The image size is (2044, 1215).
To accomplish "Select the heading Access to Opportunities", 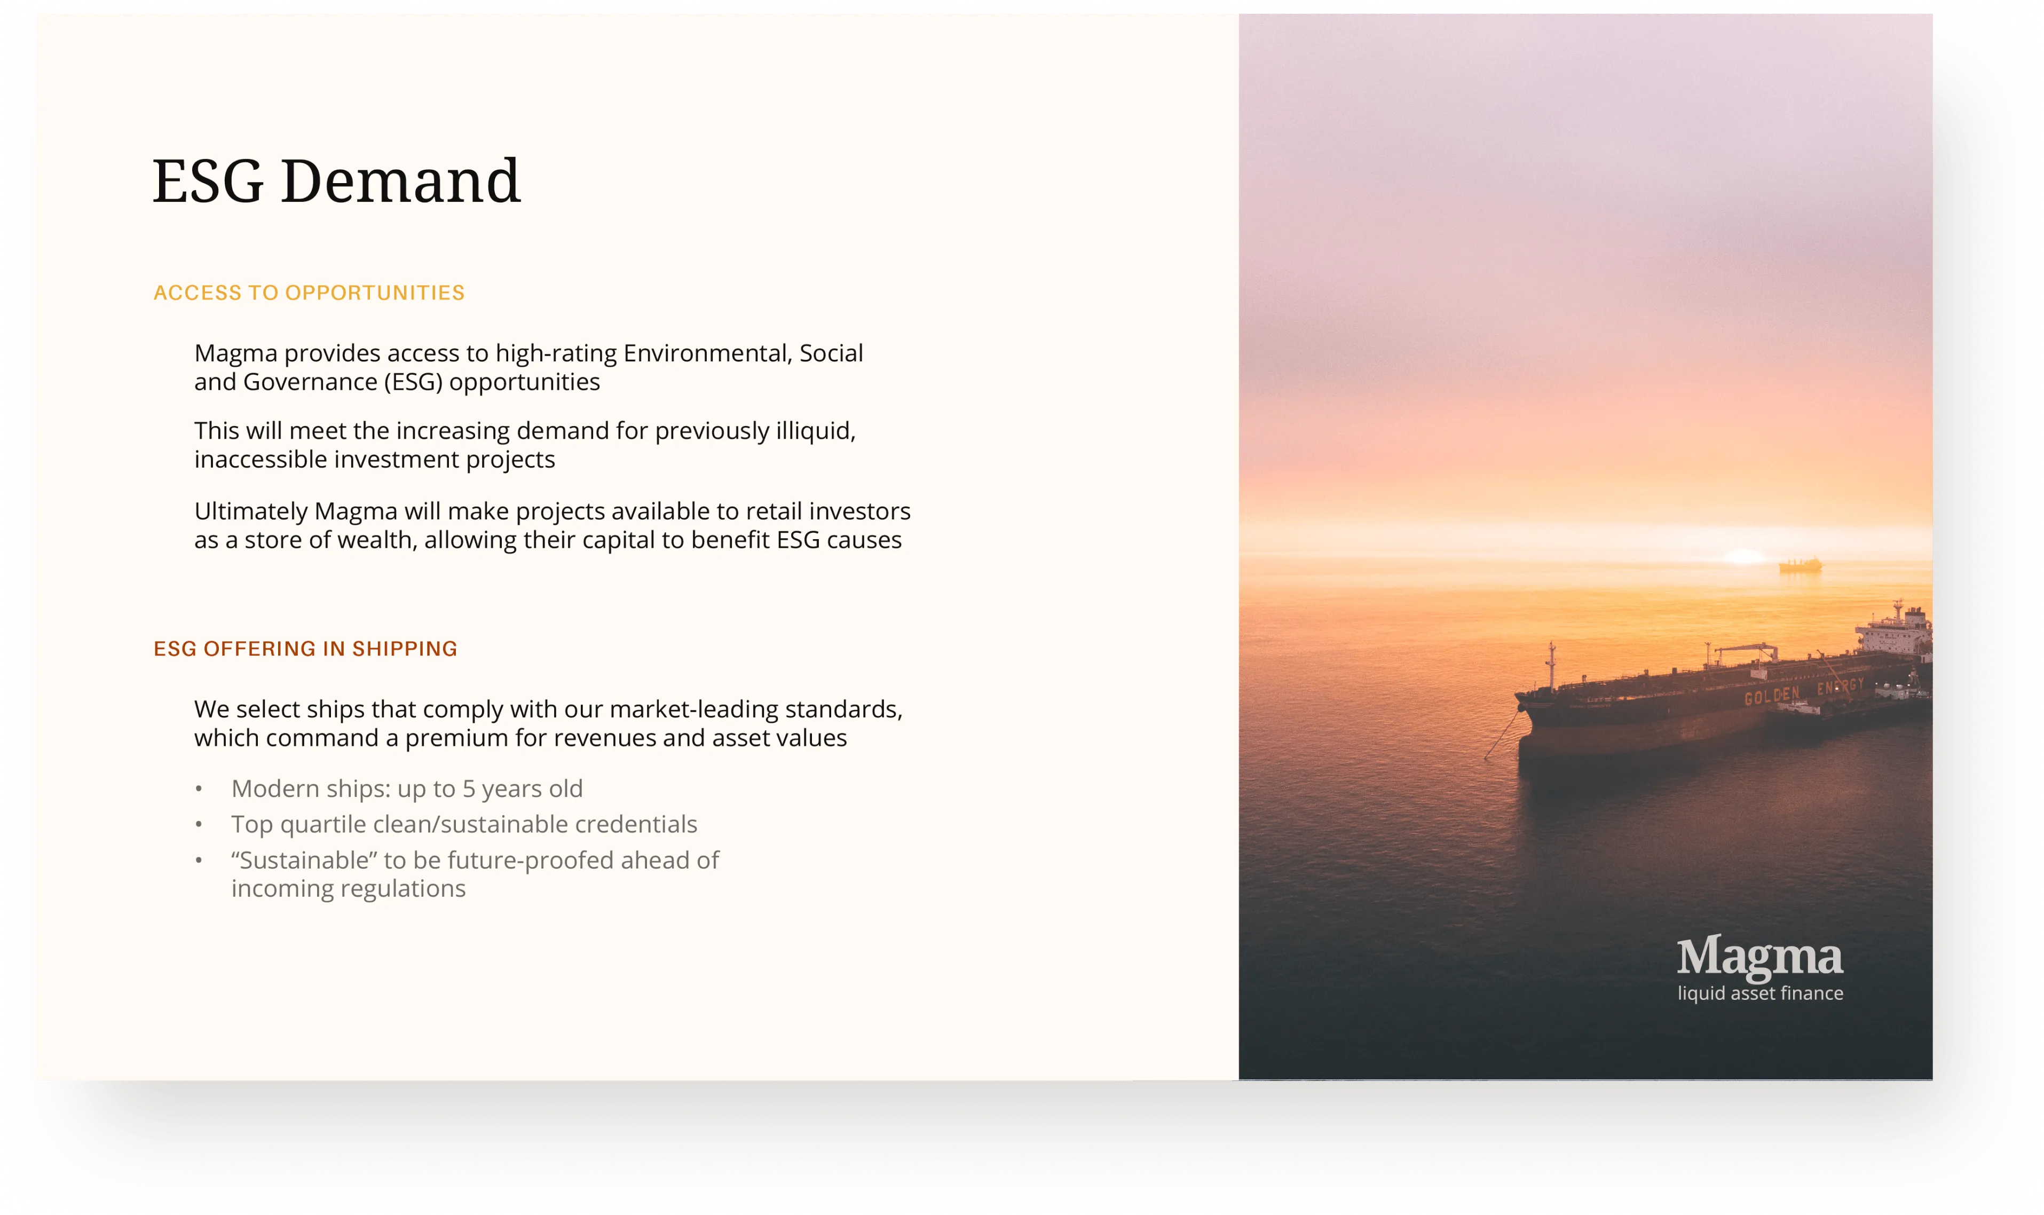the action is click(x=309, y=293).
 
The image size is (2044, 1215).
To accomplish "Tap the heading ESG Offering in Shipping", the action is click(x=305, y=649).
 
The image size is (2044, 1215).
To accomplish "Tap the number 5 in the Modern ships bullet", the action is click(x=468, y=788).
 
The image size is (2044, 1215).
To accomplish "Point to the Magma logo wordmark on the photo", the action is click(x=1760, y=958).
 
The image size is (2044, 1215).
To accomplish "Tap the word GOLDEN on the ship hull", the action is click(x=1771, y=696).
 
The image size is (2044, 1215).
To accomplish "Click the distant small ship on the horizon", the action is click(x=1800, y=564).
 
